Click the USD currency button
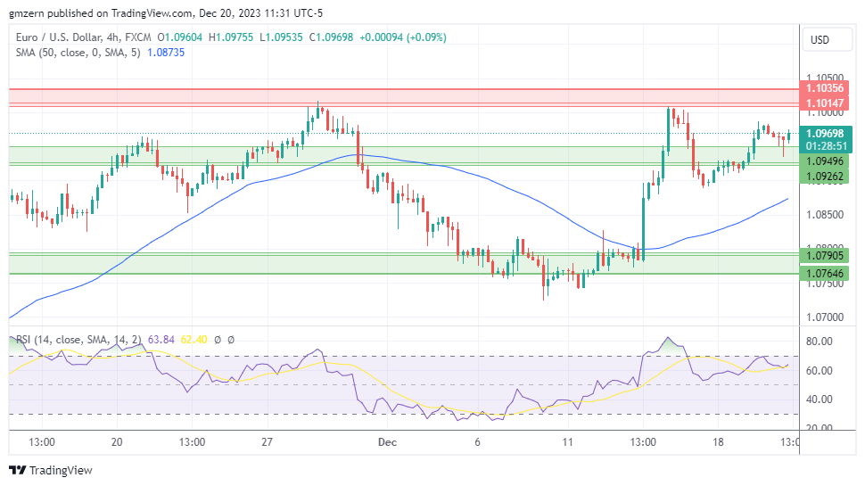tap(818, 40)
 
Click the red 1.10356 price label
tap(824, 88)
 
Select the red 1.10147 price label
tap(824, 103)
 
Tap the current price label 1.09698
tap(824, 133)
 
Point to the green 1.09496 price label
tap(824, 161)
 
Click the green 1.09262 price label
tap(824, 177)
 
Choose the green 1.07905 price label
tap(824, 256)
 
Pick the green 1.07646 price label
tap(824, 274)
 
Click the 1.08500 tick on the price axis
tap(824, 215)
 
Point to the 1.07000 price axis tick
tap(824, 317)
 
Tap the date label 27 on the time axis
tap(266, 442)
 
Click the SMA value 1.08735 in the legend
tap(166, 53)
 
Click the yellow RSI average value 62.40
tap(194, 340)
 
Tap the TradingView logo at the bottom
tap(51, 470)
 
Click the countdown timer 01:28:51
tap(824, 145)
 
